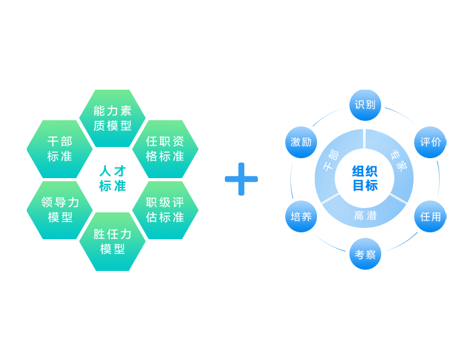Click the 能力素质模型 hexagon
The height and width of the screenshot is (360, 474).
pyautogui.click(x=113, y=118)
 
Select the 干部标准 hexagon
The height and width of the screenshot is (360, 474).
pyautogui.click(x=60, y=149)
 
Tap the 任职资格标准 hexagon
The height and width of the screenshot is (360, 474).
pyautogui.click(x=165, y=149)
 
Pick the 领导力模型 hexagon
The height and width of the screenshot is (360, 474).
pyautogui.click(x=60, y=210)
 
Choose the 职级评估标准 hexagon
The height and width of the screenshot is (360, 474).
pyautogui.click(x=165, y=210)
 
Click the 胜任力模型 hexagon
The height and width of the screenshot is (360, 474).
pyautogui.click(x=113, y=242)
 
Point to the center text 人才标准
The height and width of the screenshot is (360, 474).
pyautogui.click(x=113, y=178)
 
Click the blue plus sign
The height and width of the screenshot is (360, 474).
pyautogui.click(x=241, y=179)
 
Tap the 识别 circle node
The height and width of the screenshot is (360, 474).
pyautogui.click(x=365, y=105)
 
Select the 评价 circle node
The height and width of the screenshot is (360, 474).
pyautogui.click(x=430, y=142)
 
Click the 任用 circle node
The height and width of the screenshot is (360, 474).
pyautogui.click(x=430, y=216)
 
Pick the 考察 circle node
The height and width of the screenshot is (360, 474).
pyautogui.click(x=365, y=254)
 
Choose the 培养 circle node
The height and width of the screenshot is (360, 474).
pyautogui.click(x=301, y=216)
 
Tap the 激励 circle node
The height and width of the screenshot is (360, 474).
pyautogui.click(x=301, y=142)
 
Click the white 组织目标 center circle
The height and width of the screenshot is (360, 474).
pyautogui.click(x=365, y=178)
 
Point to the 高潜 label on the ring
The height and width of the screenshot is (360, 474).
pyautogui.click(x=365, y=216)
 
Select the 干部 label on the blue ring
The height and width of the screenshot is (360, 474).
pyautogui.click(x=330, y=160)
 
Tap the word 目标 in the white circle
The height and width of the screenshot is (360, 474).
pyautogui.click(x=365, y=186)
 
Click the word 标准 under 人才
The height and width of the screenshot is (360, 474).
pyautogui.click(x=113, y=186)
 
